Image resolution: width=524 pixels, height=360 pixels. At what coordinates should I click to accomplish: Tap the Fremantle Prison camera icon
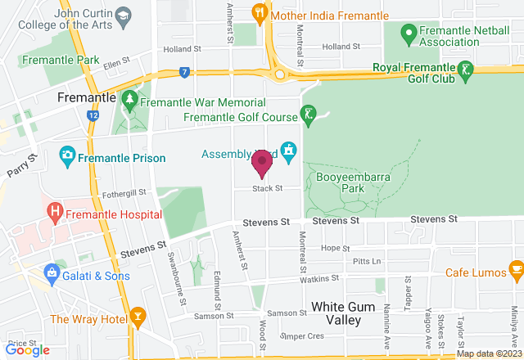click(x=68, y=155)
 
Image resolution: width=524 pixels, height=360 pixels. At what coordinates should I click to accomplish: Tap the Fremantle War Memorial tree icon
click(x=129, y=100)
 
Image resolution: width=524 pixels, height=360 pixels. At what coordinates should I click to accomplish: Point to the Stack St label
click(x=267, y=188)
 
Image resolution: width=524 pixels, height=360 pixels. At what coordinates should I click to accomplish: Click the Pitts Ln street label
click(x=366, y=261)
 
